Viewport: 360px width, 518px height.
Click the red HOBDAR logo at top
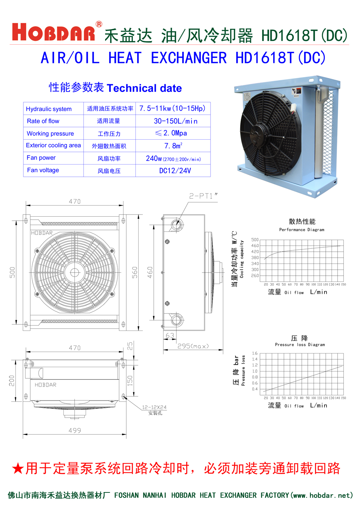pos(54,32)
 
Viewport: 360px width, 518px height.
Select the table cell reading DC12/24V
pos(175,171)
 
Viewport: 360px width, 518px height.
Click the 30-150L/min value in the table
pos(175,121)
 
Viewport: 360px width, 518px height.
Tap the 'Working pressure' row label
pos(50,134)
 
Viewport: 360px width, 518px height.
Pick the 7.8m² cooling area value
pos(173,146)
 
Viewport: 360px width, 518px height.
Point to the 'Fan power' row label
pos(41,158)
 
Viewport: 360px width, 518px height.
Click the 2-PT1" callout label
pos(203,196)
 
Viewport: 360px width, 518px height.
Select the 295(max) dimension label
pos(193,346)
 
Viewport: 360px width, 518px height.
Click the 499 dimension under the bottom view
pos(75,431)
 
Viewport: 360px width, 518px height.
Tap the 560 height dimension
pos(135,272)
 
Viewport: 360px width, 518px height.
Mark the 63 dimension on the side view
pos(170,335)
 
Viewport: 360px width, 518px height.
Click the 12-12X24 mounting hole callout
pos(154,407)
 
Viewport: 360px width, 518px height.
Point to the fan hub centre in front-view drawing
pos(75,272)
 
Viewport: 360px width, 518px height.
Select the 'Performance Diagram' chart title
pos(302,230)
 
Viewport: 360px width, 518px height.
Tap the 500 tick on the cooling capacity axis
pos(255,240)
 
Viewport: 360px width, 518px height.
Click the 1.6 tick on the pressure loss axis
pos(255,353)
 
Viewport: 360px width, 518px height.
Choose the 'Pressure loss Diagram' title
pos(300,344)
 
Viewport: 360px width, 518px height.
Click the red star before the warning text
pos(18,469)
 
